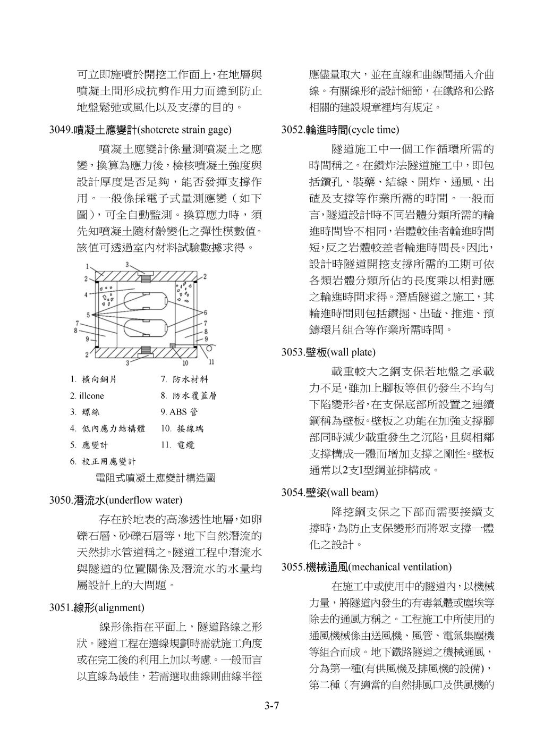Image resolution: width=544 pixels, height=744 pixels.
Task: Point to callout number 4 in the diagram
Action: [86, 294]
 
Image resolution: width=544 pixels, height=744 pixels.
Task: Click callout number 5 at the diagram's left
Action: [88, 315]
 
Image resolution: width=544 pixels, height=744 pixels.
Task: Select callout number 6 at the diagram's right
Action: [206, 313]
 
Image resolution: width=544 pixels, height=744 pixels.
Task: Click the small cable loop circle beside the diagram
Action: [211, 349]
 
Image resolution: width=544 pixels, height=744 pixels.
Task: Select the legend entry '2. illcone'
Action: [87, 396]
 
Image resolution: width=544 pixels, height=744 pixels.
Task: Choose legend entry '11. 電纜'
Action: [177, 445]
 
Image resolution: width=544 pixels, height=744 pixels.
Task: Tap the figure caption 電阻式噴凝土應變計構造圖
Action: [155, 478]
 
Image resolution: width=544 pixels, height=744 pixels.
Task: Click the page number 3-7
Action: [272, 706]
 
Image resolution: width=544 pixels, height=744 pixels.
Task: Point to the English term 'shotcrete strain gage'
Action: [185, 129]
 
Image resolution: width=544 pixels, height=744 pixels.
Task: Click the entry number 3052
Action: [293, 129]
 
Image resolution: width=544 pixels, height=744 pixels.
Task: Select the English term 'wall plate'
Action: [353, 352]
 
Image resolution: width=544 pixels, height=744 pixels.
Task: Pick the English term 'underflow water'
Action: [144, 500]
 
